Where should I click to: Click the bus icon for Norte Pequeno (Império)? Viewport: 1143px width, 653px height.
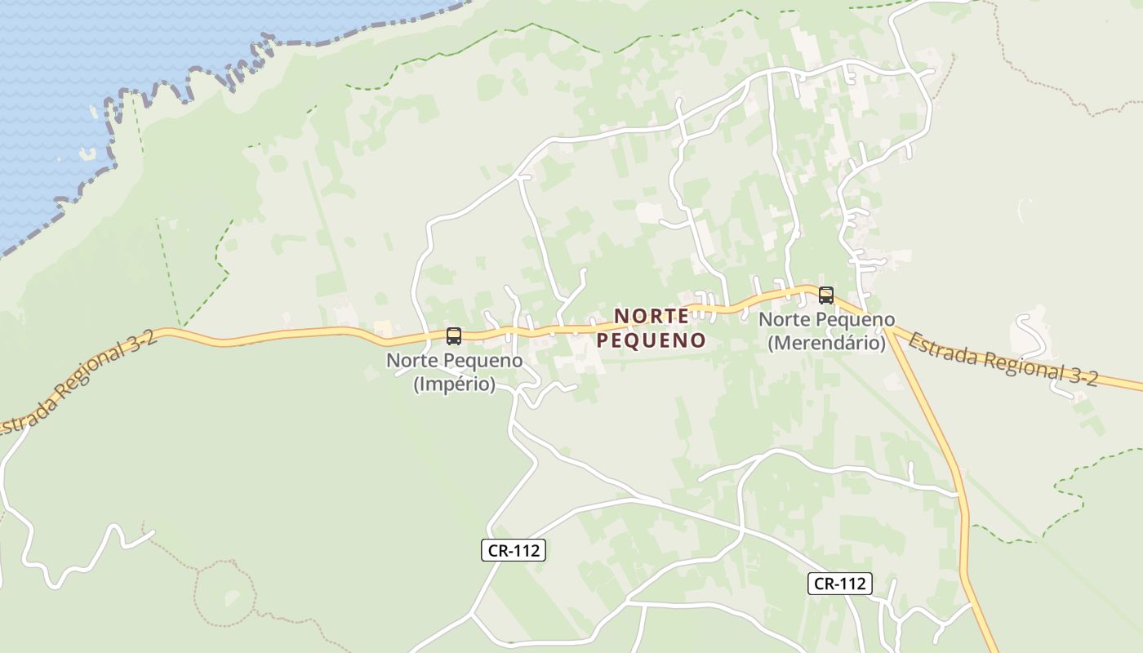pos(454,335)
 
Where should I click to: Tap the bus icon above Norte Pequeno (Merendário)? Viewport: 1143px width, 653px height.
pos(825,295)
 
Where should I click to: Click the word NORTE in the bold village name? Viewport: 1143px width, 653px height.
pos(652,316)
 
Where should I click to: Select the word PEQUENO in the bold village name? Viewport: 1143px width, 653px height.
pos(652,340)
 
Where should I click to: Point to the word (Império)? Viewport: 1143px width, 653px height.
pos(455,384)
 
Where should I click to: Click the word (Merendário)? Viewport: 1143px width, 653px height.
pos(826,344)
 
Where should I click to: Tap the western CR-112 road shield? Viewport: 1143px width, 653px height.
pos(514,550)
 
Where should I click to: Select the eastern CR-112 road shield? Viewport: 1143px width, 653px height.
pos(840,584)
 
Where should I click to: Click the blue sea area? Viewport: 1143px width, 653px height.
pos(122,49)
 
